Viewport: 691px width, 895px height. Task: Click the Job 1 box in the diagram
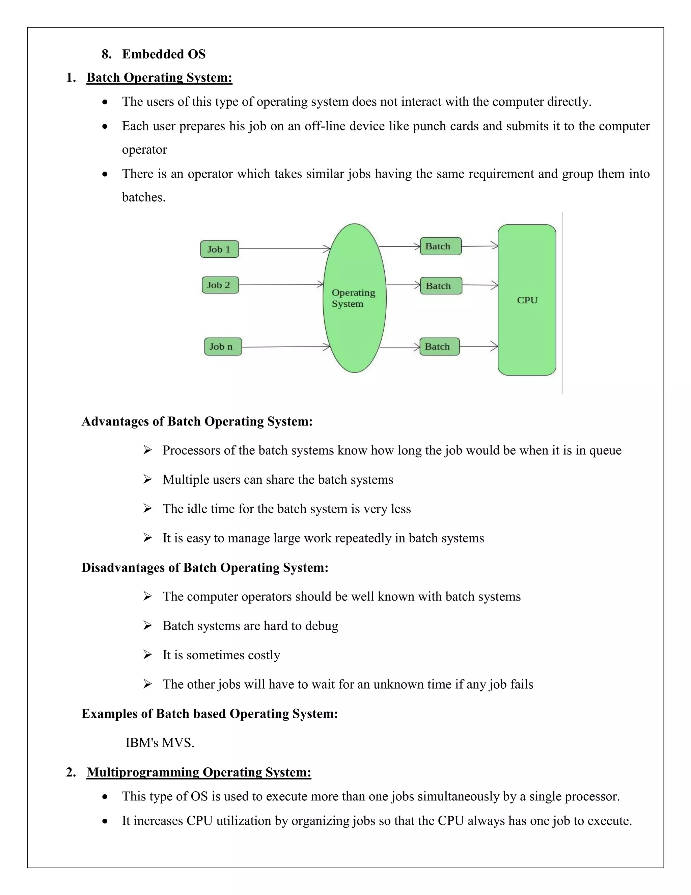[219, 249]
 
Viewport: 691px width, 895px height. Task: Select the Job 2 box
[220, 285]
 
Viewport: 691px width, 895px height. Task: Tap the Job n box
[223, 347]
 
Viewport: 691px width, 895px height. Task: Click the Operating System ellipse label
[353, 298]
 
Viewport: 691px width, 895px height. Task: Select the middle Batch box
[441, 286]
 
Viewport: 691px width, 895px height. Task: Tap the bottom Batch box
[440, 347]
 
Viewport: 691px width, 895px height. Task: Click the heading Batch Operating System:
[159, 77]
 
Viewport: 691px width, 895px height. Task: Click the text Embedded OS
[164, 54]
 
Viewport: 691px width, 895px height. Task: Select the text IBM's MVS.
[160, 743]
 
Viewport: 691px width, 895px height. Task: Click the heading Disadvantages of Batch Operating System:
[205, 568]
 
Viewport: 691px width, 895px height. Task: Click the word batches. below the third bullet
[143, 198]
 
